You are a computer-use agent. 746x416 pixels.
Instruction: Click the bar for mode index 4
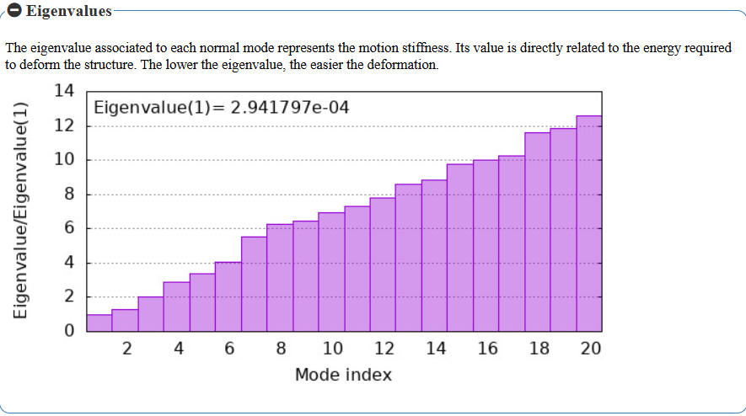177,307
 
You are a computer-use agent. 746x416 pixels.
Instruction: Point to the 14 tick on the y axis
64,92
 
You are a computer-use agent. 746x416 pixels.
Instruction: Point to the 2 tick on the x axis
126,349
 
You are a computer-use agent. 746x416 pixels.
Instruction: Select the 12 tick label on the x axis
384,349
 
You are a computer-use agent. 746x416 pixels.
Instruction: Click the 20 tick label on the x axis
591,349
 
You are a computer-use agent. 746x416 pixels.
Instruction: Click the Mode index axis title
343,375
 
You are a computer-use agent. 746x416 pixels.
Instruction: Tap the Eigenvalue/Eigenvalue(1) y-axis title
23,211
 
